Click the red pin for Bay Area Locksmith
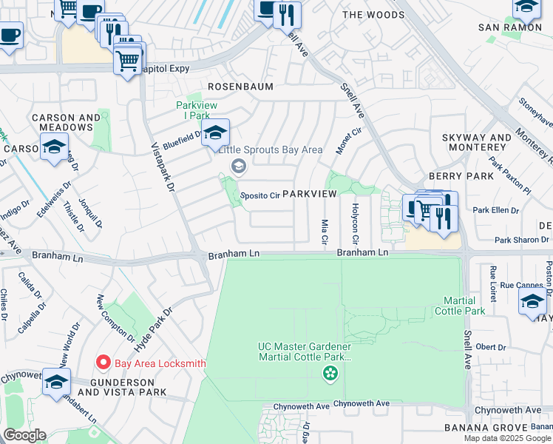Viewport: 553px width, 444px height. pyautogui.click(x=104, y=363)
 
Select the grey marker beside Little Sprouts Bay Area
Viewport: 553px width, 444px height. pyautogui.click(x=238, y=166)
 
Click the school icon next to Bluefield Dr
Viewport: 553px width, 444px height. pyautogui.click(x=215, y=134)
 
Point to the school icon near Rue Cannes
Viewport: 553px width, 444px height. pyautogui.click(x=532, y=302)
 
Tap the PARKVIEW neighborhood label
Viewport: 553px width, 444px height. pyautogui.click(x=309, y=193)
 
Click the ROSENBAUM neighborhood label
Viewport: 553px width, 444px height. pyautogui.click(x=240, y=87)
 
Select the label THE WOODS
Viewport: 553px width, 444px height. pyautogui.click(x=373, y=15)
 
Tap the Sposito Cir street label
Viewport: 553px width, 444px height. pyautogui.click(x=259, y=196)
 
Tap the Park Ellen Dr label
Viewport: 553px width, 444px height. pyautogui.click(x=495, y=210)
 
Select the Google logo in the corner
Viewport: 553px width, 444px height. pyautogui.click(x=24, y=435)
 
